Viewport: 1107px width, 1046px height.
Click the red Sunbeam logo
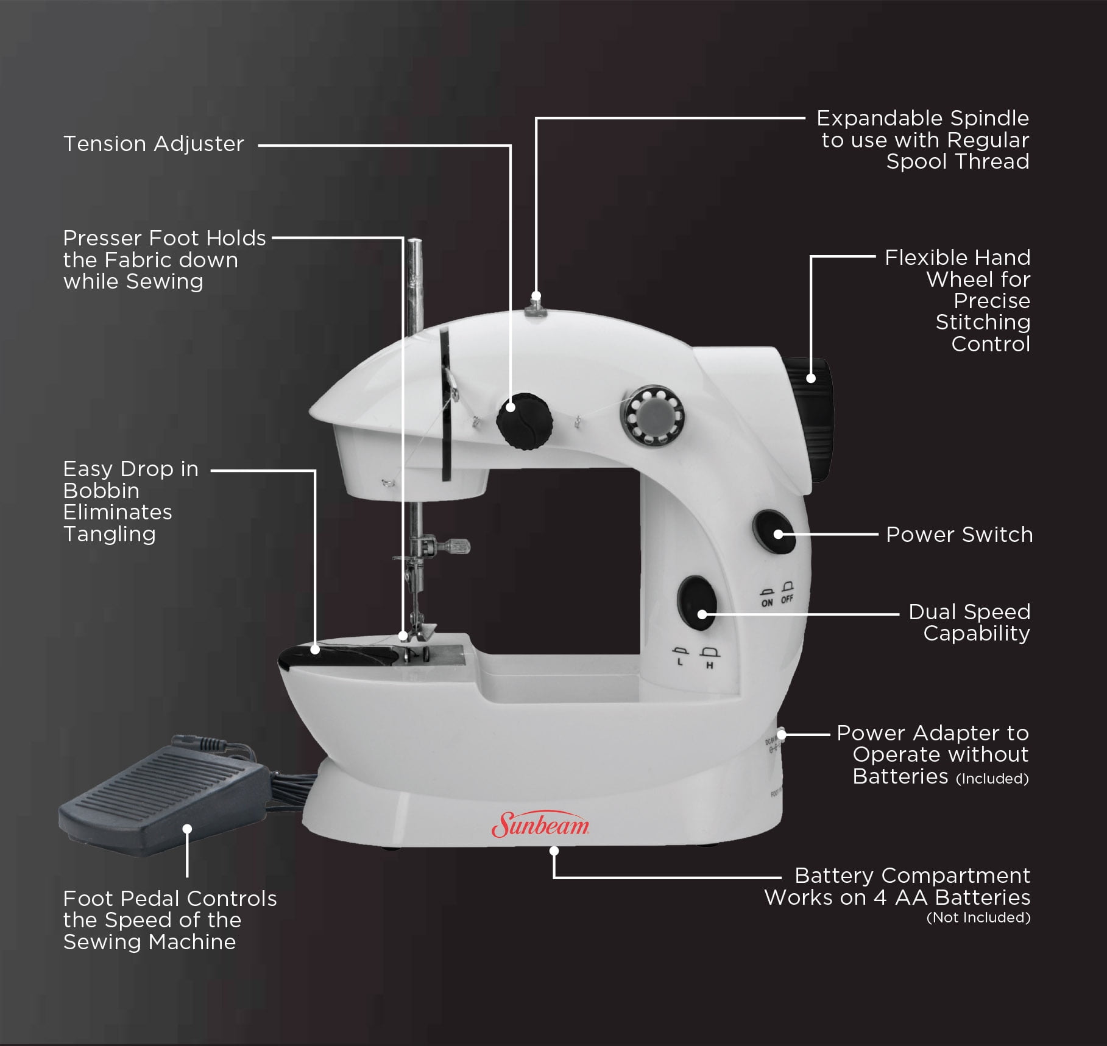[540, 824]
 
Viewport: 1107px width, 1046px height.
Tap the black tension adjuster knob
[524, 421]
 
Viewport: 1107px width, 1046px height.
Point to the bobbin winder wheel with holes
[653, 416]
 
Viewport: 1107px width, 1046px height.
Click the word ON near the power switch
[767, 603]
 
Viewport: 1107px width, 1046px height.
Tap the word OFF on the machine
[787, 599]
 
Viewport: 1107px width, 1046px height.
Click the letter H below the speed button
[710, 665]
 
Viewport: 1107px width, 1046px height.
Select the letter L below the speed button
[681, 662]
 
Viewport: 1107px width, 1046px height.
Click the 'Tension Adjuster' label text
[154, 144]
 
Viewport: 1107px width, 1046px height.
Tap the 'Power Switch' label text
[959, 535]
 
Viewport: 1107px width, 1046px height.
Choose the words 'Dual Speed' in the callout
[969, 612]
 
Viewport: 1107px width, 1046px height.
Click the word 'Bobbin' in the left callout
[101, 491]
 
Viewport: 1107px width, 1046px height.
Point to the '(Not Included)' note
[978, 918]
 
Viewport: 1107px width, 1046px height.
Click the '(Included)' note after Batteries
[992, 779]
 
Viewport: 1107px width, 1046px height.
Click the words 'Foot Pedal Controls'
[170, 899]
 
